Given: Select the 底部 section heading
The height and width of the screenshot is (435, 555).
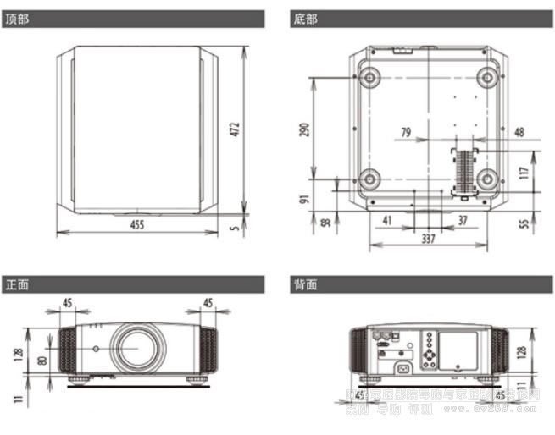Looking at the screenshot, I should [306, 18].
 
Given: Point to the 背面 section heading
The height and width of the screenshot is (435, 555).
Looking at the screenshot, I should [306, 284].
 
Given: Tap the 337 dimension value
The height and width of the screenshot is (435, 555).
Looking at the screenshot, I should [428, 239].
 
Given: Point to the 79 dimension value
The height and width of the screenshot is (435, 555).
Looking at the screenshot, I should [405, 132].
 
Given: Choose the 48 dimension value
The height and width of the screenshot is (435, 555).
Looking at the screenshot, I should [519, 132].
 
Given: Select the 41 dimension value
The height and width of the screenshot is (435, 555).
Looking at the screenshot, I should [388, 220].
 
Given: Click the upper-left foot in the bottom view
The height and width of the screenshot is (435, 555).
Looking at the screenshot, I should [370, 77].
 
